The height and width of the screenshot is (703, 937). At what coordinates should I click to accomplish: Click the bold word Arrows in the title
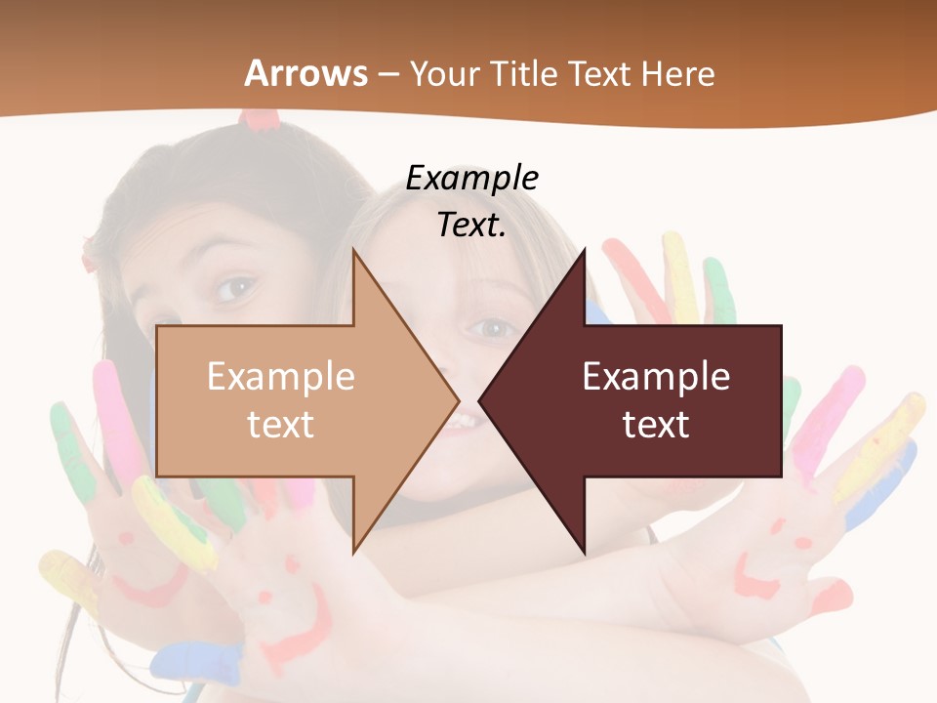(306, 73)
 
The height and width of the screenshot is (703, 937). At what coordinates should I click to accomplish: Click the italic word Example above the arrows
(471, 178)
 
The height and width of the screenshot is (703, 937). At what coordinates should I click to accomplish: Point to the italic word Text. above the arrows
(471, 225)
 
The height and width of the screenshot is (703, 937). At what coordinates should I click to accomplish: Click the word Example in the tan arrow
(280, 377)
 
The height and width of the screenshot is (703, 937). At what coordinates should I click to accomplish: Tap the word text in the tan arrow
(280, 424)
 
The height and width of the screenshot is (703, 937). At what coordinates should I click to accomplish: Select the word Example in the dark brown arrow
(656, 377)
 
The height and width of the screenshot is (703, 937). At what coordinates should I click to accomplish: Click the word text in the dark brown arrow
(656, 424)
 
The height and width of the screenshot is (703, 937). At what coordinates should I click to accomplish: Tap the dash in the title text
(387, 74)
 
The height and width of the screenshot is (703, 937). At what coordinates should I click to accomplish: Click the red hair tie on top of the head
(260, 119)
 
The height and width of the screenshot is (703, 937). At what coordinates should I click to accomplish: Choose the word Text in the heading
(601, 73)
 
